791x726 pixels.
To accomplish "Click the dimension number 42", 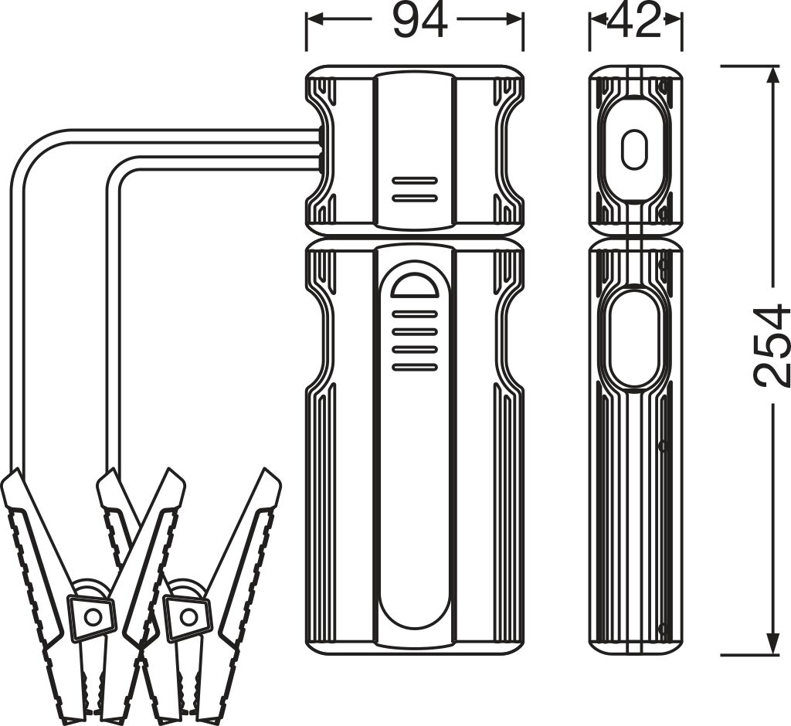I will tap(635, 21).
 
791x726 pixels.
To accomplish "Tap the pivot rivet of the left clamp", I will tap(93, 616).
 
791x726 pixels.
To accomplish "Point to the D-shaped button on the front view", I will tap(415, 284).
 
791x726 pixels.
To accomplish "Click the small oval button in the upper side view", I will tap(634, 149).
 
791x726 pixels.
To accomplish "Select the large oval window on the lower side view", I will tap(634, 338).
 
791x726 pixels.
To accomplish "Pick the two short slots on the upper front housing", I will tap(415, 189).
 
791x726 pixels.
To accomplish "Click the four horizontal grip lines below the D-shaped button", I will tap(415, 341).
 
